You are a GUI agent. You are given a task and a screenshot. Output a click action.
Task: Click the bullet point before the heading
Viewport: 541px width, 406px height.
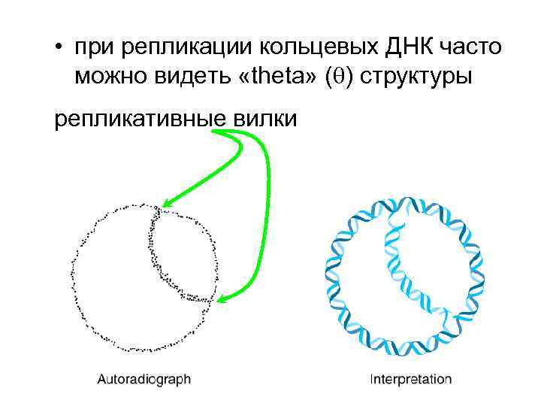[x=58, y=50]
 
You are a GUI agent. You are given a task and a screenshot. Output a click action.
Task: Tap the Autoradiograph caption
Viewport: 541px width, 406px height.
[x=144, y=379]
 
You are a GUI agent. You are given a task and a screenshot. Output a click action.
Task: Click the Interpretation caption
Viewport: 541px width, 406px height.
[x=411, y=379]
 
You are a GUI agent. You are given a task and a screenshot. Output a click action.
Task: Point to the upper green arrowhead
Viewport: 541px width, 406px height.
[x=166, y=204]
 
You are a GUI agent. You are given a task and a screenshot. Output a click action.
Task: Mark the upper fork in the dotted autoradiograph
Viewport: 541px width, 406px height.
[x=157, y=209]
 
